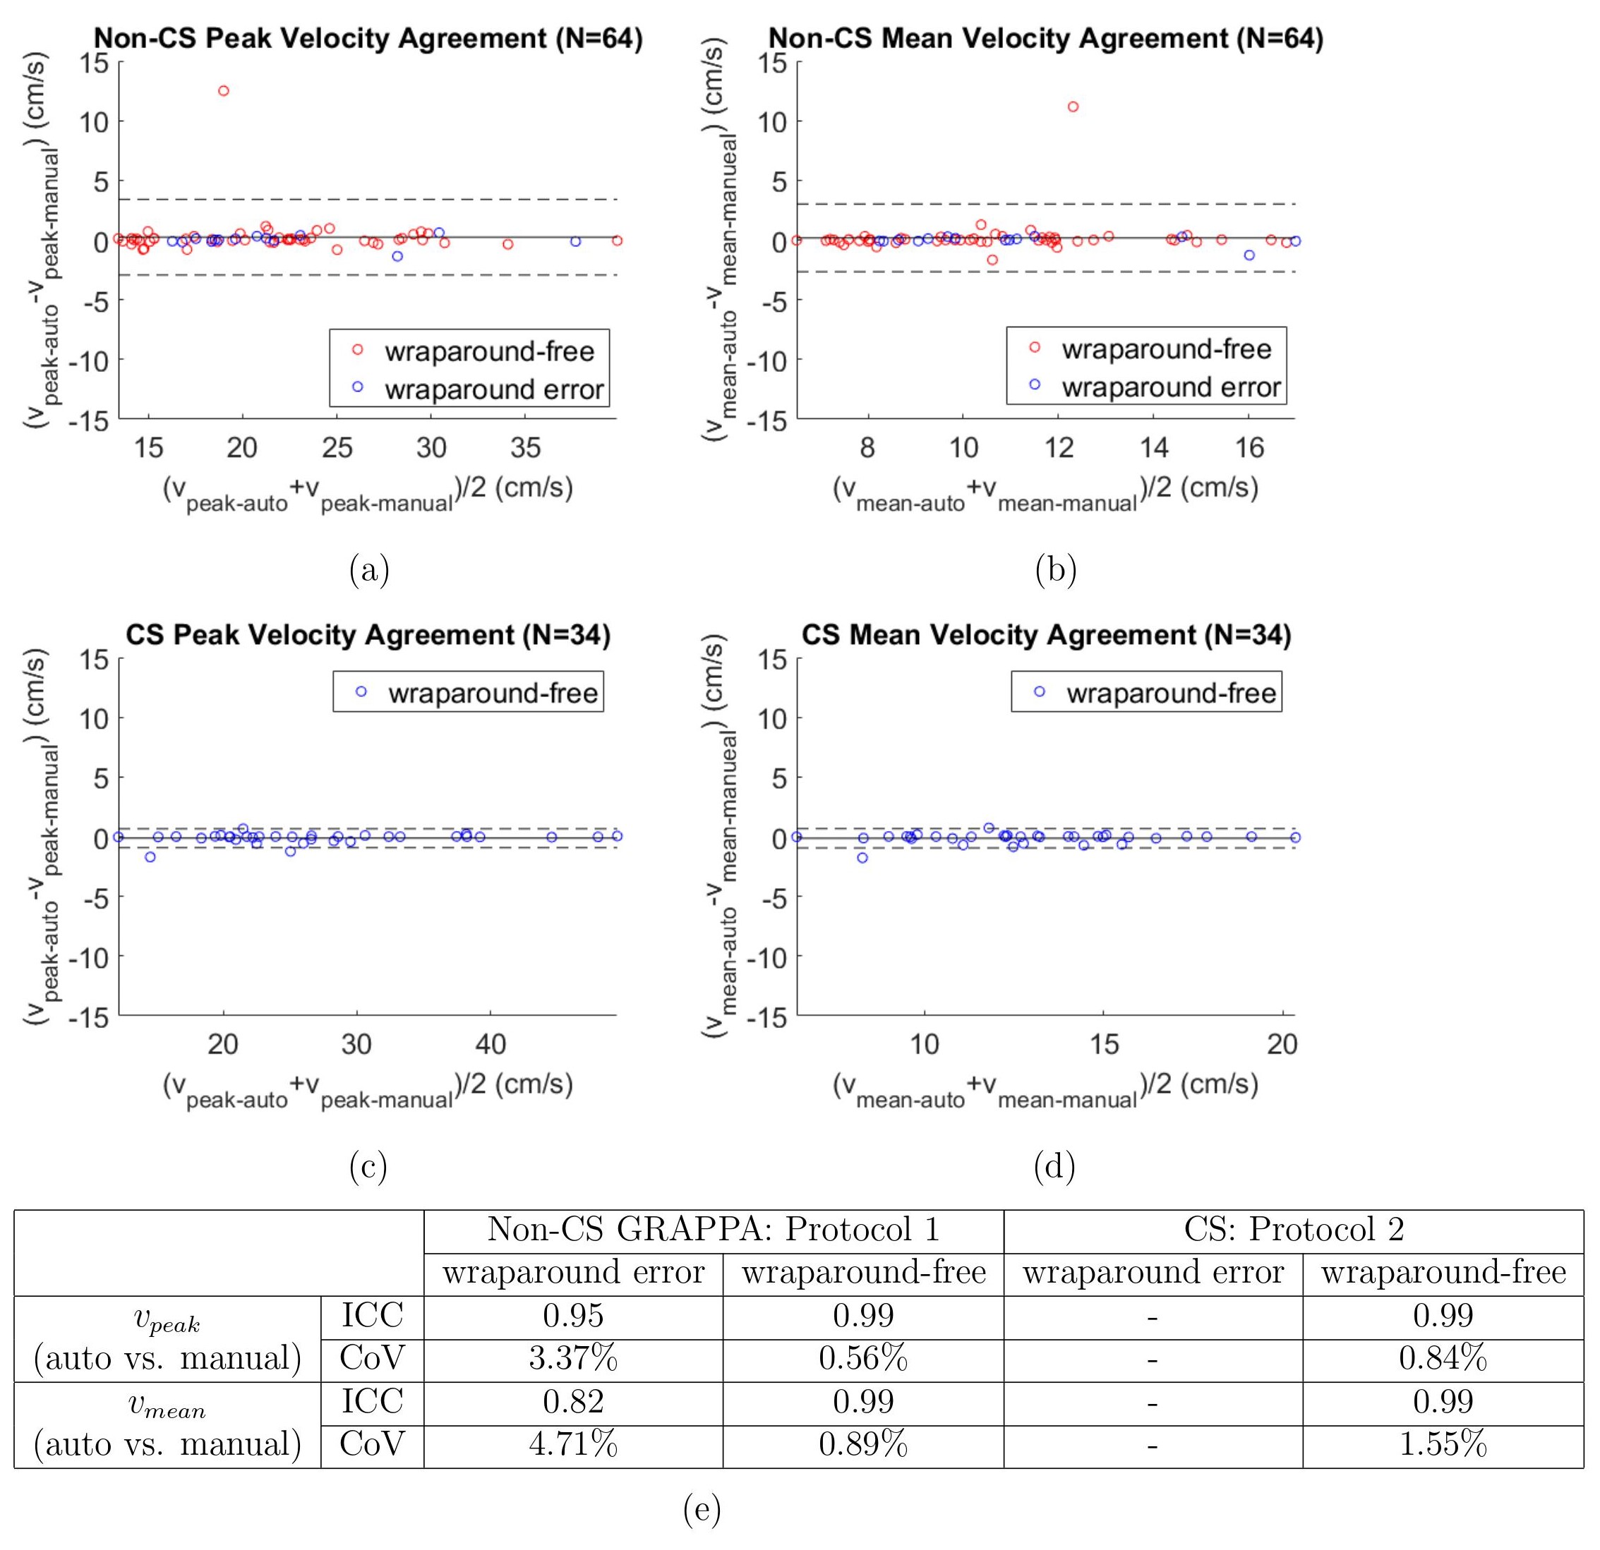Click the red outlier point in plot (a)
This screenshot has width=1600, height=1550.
click(224, 90)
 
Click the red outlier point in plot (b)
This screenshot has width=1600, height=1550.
click(1073, 107)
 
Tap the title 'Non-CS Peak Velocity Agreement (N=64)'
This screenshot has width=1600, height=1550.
click(368, 38)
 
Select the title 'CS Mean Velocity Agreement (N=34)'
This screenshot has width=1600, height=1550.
click(1046, 635)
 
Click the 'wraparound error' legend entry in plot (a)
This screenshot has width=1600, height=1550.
click(494, 389)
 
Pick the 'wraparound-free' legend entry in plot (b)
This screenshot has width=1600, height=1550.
click(1166, 349)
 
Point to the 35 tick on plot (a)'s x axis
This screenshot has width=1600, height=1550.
click(526, 447)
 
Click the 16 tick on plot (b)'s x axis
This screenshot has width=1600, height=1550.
click(1249, 447)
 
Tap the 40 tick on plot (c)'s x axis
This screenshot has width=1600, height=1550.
click(490, 1044)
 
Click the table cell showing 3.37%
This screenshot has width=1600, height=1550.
click(573, 1358)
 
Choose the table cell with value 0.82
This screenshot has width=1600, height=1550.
click(573, 1401)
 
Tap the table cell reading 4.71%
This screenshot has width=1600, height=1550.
click(573, 1445)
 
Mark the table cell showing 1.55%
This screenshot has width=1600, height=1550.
click(1443, 1445)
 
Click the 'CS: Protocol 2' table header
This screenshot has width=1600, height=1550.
click(1293, 1229)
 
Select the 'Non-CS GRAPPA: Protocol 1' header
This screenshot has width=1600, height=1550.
click(713, 1229)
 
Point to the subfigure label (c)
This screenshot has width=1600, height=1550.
click(368, 1167)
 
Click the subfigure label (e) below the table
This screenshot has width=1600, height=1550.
click(702, 1510)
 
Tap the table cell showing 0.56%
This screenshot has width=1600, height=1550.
click(863, 1358)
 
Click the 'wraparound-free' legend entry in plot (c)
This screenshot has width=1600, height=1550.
click(492, 693)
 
